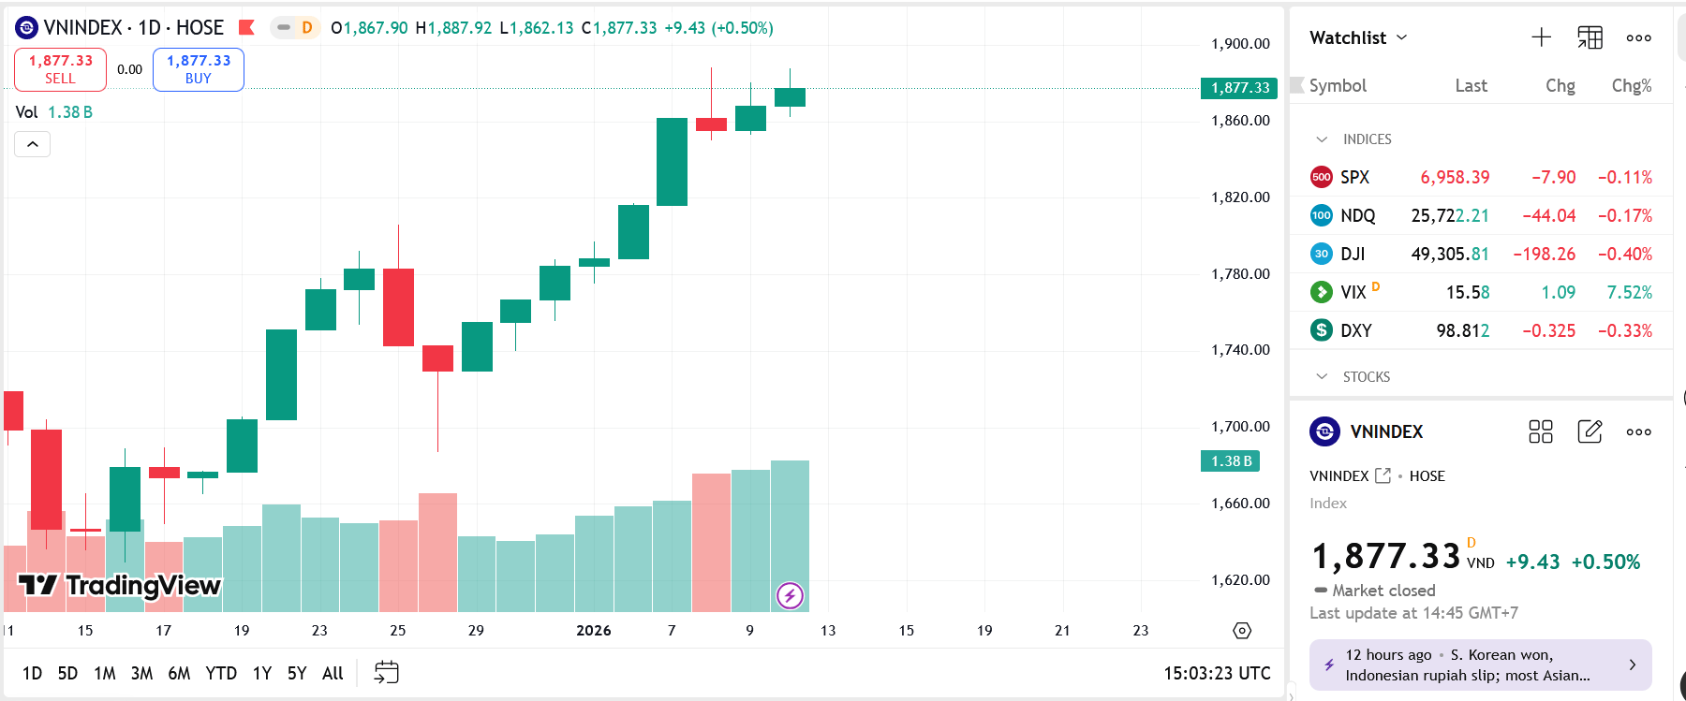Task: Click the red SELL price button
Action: (60, 69)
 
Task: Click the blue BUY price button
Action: (199, 69)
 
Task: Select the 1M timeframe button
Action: (105, 673)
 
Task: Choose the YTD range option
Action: (221, 673)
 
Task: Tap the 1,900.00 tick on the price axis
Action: (1240, 44)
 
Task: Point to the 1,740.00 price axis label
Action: (1240, 350)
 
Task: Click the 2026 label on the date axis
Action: (594, 631)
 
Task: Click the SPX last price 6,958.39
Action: (1455, 177)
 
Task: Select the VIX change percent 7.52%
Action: (1629, 292)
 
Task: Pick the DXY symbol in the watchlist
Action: (1355, 330)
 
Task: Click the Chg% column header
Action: (1631, 86)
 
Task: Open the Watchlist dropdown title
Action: (1358, 37)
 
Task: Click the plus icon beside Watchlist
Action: (1541, 37)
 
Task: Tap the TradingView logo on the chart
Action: (120, 586)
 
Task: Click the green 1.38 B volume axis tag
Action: (1230, 461)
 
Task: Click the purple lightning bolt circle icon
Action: (790, 595)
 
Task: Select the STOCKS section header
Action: (1366, 376)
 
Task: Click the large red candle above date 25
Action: (398, 307)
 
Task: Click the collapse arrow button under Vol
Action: (33, 144)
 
